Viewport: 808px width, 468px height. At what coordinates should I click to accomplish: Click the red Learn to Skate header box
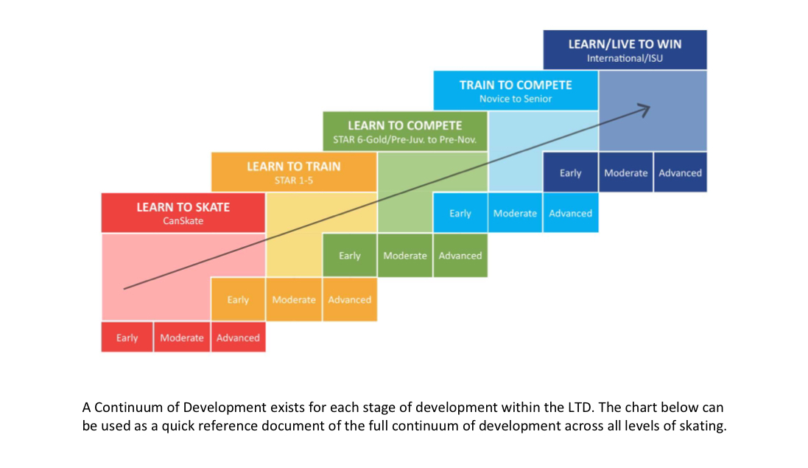(183, 213)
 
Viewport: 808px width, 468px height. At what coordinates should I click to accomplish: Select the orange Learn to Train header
(294, 172)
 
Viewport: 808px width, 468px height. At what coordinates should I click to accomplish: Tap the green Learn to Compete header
(405, 131)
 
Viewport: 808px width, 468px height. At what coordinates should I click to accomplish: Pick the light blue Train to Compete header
(516, 90)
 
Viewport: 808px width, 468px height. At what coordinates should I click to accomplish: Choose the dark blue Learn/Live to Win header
(625, 49)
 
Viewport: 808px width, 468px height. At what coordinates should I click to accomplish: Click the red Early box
(127, 338)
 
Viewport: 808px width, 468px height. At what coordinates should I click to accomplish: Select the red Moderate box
(182, 338)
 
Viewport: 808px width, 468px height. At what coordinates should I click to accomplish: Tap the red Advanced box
(238, 338)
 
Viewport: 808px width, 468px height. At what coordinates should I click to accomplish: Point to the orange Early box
(238, 299)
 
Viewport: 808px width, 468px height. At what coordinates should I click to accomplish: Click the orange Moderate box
(294, 299)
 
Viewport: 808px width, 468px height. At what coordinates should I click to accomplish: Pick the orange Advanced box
(350, 299)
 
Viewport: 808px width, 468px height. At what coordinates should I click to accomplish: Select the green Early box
(349, 256)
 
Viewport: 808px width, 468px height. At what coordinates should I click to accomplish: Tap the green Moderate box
(405, 256)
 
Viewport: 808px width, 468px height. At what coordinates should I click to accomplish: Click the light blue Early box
(460, 213)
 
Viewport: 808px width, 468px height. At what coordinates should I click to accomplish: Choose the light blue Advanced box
(570, 213)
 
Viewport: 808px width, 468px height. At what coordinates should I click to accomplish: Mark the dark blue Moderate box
(625, 172)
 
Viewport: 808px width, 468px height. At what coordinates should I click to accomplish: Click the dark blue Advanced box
(680, 172)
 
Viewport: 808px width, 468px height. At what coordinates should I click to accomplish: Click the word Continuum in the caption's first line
(136, 407)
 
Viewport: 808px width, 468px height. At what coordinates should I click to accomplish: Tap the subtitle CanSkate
(183, 221)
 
